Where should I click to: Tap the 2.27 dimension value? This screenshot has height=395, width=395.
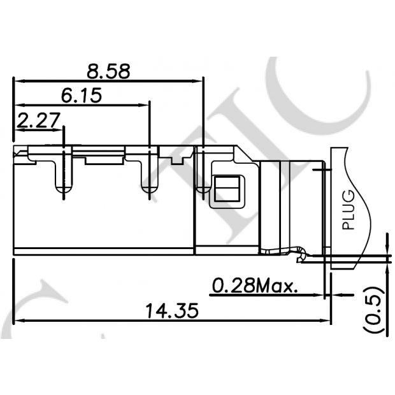(39, 120)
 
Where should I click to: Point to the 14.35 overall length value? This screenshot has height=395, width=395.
(171, 311)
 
